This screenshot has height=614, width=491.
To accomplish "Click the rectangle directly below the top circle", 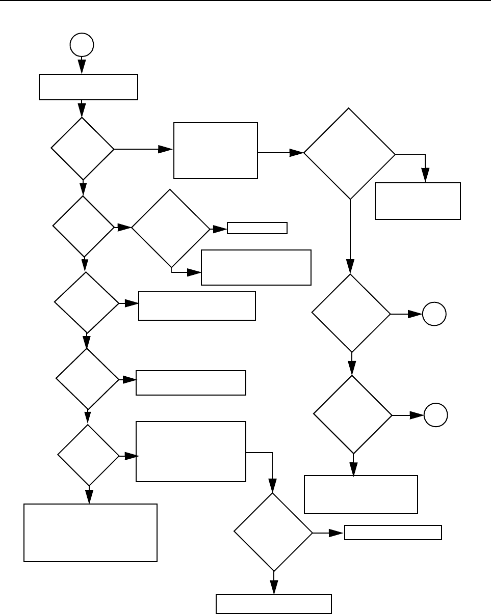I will [x=88, y=87].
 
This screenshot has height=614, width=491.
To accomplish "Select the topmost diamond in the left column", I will [x=83, y=149].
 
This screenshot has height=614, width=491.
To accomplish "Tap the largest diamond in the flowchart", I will [x=350, y=153].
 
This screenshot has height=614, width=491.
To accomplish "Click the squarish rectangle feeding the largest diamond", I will [x=215, y=150].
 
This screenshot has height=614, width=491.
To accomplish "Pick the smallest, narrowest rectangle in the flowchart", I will [x=257, y=228].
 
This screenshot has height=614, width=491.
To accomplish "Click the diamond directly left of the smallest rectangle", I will [x=170, y=229].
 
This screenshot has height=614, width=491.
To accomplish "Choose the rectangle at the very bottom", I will [x=274, y=604].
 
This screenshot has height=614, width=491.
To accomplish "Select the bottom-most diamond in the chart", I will [x=273, y=532].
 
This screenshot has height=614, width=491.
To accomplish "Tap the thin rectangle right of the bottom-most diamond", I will [x=393, y=533].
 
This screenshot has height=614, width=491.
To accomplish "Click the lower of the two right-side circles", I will [x=436, y=415].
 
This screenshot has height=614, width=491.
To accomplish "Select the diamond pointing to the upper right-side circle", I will [x=351, y=313].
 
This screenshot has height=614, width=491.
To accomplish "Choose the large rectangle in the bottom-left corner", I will [x=90, y=533].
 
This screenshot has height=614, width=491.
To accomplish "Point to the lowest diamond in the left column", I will [x=88, y=455].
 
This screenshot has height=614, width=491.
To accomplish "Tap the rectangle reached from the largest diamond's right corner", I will [x=418, y=201].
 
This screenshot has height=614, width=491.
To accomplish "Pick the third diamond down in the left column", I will [x=86, y=303].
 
